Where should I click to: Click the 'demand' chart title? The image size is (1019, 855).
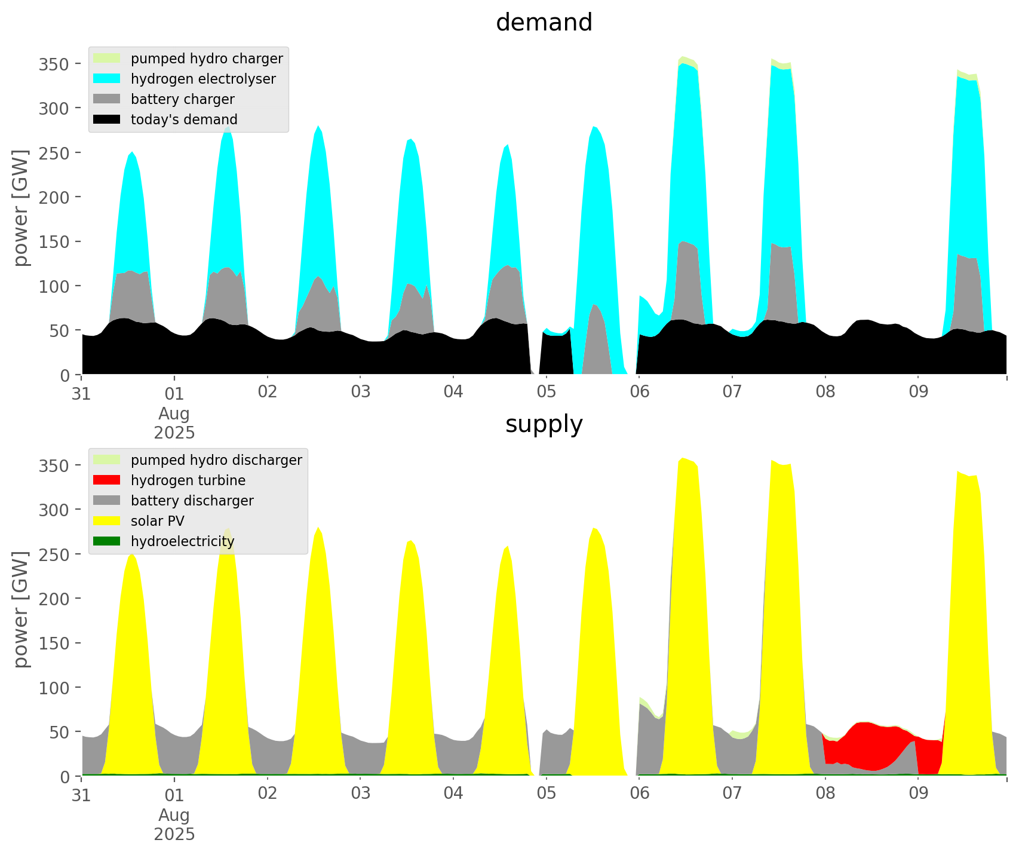click(x=544, y=23)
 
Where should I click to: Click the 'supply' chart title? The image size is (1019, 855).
click(x=544, y=424)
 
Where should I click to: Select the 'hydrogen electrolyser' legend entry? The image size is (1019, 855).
click(x=203, y=79)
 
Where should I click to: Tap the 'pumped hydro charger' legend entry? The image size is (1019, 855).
click(x=207, y=59)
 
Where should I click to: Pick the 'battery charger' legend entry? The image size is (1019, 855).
click(x=182, y=99)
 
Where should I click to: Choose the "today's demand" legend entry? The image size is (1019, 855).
click(x=184, y=119)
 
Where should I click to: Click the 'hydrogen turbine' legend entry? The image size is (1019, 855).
click(x=188, y=480)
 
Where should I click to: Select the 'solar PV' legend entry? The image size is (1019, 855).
click(x=158, y=521)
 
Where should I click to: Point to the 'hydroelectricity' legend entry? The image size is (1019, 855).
click(x=182, y=541)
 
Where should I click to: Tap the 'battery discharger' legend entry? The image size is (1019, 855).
click(x=192, y=501)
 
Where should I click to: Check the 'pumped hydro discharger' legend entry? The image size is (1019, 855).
click(x=216, y=460)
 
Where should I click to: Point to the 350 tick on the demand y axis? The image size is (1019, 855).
click(x=53, y=64)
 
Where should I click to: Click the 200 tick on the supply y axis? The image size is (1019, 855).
click(x=53, y=599)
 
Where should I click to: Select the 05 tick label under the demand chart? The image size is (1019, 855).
click(x=547, y=392)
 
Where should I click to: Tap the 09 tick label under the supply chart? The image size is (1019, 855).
click(x=919, y=793)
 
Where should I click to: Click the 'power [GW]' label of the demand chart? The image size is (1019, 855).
click(x=22, y=208)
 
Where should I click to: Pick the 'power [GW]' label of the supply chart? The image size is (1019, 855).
click(x=22, y=609)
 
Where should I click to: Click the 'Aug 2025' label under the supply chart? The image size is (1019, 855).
click(x=174, y=825)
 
